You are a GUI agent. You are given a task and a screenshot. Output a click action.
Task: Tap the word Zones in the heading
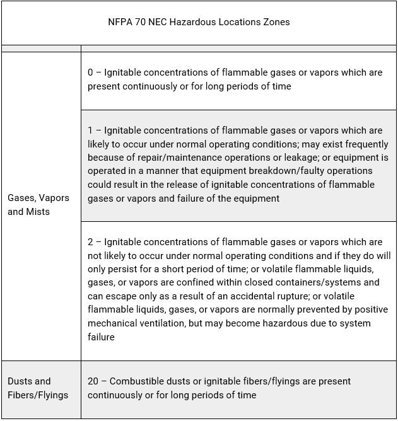(x=276, y=22)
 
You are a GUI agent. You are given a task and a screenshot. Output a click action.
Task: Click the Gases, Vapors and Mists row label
(x=38, y=205)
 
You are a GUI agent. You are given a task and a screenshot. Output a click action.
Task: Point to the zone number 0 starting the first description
(x=91, y=72)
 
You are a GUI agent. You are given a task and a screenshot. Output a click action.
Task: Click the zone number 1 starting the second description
(x=91, y=130)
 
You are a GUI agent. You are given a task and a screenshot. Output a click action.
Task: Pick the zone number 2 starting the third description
(x=91, y=242)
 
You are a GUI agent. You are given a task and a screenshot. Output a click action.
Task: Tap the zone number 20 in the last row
(x=93, y=381)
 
